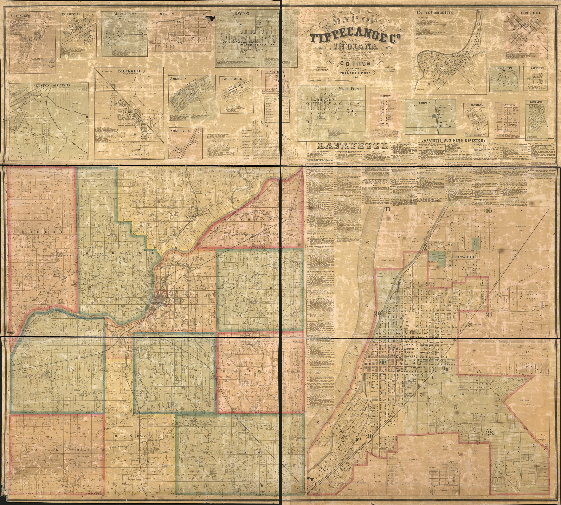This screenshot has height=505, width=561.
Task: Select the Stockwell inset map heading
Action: click(x=129, y=71)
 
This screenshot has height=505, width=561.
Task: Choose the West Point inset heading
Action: click(x=350, y=89)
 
